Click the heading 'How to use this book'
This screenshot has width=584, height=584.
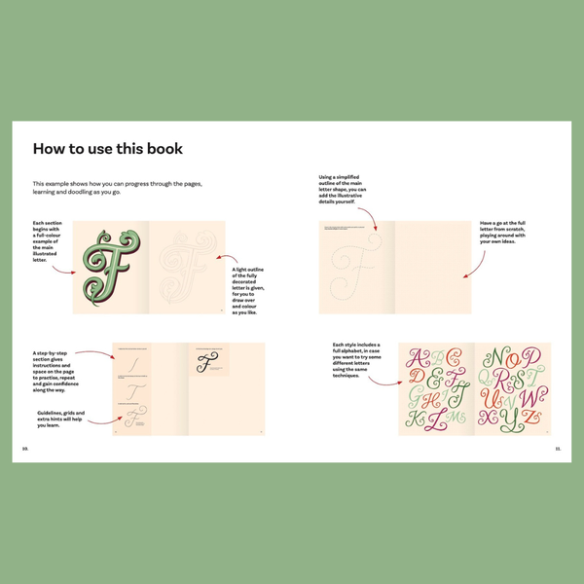tap(108, 149)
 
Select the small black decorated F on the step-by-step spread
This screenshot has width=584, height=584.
tap(205, 364)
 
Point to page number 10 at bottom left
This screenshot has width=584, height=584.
tap(25, 448)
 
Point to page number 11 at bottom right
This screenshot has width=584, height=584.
tap(558, 448)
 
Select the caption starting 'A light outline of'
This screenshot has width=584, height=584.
tap(249, 290)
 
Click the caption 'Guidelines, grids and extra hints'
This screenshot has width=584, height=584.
tap(61, 418)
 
